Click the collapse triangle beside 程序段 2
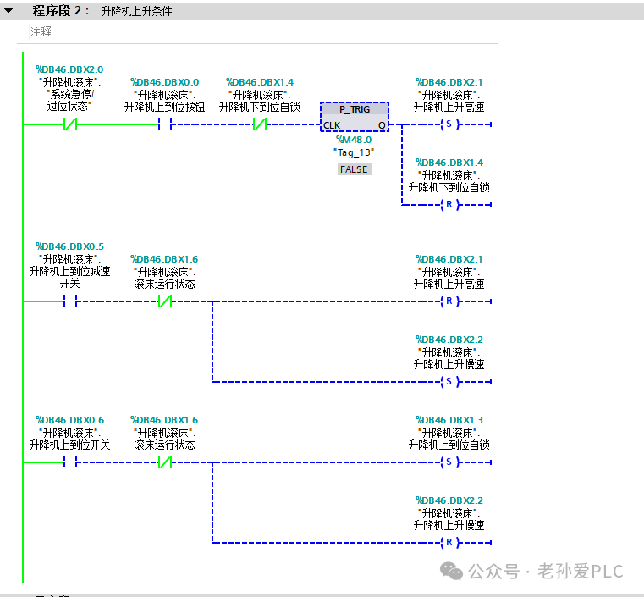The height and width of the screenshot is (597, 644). coord(8,11)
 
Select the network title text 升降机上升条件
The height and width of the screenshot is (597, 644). coord(137,11)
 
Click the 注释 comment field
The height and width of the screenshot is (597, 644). coord(41,31)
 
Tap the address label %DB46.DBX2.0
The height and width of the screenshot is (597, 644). coord(69,69)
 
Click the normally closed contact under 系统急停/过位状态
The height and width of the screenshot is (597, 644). coord(70,124)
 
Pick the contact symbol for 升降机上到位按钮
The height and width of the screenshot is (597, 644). coord(165,124)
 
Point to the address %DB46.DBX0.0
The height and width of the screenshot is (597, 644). coord(165,82)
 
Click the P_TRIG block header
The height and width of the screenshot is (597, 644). coord(355,109)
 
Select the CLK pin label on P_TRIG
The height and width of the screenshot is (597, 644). coord(332,125)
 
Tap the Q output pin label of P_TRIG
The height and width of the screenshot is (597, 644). coord(382,125)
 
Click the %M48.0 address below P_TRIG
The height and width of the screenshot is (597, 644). coord(354,140)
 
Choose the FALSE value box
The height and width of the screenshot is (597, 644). coord(354,169)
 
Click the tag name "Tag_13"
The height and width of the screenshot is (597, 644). coord(354,152)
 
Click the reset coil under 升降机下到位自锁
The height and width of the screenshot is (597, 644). coord(449,204)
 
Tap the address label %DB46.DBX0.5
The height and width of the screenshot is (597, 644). coord(69,246)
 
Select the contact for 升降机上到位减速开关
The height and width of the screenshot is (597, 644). coord(70,301)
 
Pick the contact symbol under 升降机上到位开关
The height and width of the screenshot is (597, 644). coord(70,462)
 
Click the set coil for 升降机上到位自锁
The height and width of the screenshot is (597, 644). coord(449,462)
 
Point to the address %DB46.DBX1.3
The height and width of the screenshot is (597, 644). coord(449,420)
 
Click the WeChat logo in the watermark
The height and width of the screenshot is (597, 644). coord(451,571)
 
